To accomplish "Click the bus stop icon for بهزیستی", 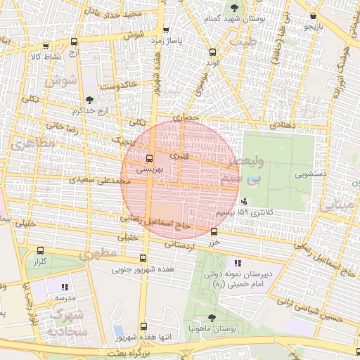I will (149, 158).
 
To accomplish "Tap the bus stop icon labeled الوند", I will (213, 52).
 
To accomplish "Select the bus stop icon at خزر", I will (214, 231).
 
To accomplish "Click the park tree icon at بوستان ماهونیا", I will (212, 318).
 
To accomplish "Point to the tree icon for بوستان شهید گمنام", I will (234, 8).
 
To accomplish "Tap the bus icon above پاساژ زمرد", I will (166, 30).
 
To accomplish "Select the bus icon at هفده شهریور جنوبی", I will (143, 258).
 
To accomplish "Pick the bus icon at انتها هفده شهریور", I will (143, 327).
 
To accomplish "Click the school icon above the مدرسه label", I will (65, 287).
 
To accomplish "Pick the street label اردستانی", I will (179, 245).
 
